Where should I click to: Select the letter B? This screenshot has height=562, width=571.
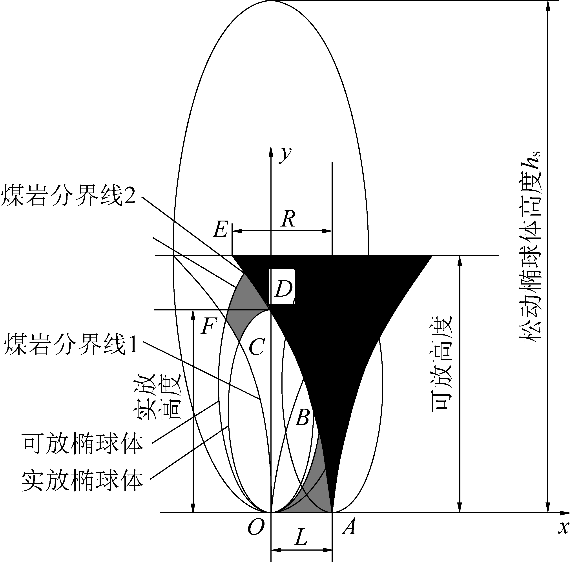(302, 418)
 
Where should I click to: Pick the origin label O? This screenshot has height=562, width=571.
(256, 527)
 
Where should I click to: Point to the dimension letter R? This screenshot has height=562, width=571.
(288, 220)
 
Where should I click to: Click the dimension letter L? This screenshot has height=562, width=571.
(301, 538)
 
